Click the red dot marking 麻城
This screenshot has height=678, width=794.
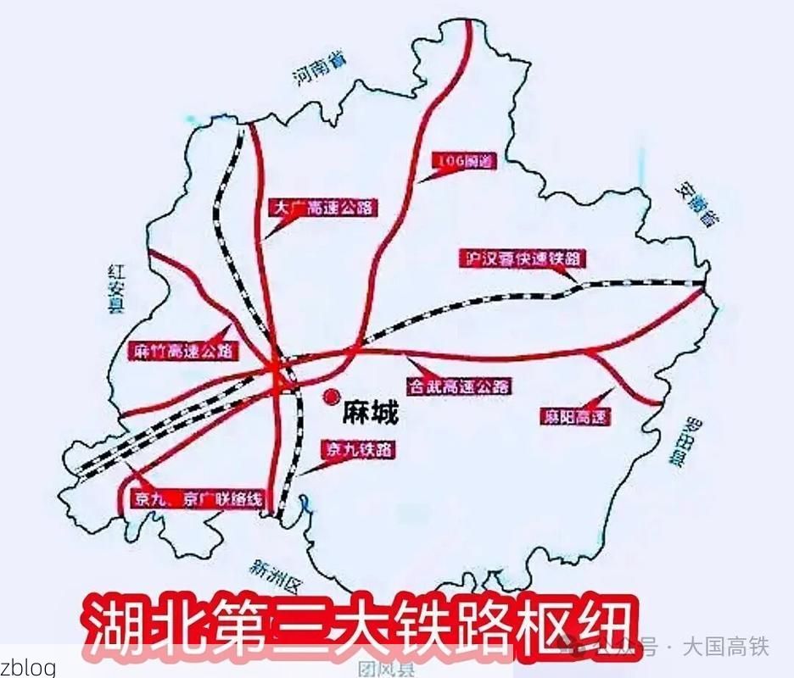point(330,396)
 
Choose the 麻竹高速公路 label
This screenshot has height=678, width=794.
point(182,349)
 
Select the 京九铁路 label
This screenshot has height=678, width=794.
point(357,451)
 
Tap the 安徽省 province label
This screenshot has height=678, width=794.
point(695,203)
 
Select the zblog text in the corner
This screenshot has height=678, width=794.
point(29,667)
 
